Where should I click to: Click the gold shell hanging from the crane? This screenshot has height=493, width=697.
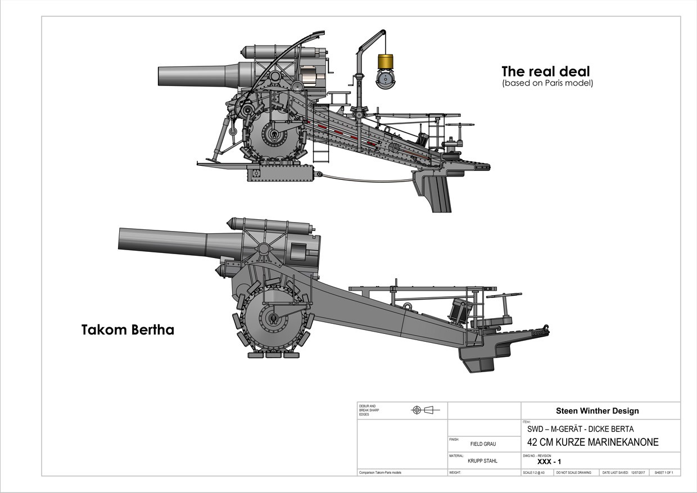click(x=386, y=61)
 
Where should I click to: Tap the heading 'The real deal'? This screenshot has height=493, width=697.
click(x=545, y=71)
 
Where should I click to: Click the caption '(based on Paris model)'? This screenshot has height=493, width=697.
click(x=547, y=83)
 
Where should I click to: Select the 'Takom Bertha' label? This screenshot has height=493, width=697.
click(x=128, y=330)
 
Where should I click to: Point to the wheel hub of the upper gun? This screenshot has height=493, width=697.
click(x=274, y=136)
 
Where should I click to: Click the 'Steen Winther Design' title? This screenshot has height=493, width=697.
click(x=597, y=411)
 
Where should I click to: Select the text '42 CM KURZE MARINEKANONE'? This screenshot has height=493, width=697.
click(x=592, y=442)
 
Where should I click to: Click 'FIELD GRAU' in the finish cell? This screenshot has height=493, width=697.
click(x=483, y=444)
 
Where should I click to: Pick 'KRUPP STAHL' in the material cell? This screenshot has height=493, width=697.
click(x=482, y=461)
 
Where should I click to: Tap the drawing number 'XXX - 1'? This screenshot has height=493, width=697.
click(x=549, y=462)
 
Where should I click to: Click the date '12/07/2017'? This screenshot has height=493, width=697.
click(x=639, y=473)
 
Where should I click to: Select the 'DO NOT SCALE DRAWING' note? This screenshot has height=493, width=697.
click(x=573, y=473)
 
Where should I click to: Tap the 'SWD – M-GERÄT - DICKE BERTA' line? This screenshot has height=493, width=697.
click(x=580, y=429)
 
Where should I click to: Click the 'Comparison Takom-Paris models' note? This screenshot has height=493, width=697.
click(x=380, y=473)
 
